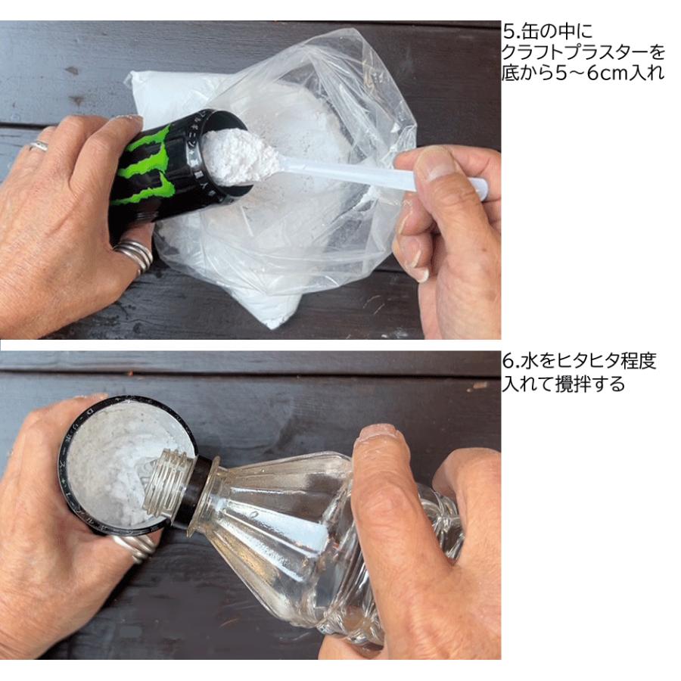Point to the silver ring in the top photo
(134, 254)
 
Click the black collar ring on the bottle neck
(198, 492)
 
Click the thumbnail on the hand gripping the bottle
(378, 434)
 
